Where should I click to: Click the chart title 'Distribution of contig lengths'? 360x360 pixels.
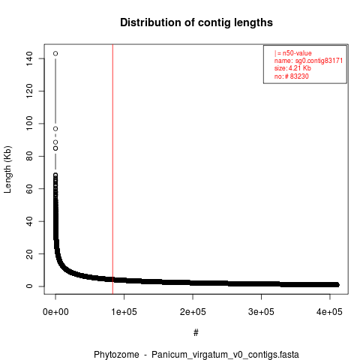(x=196, y=22)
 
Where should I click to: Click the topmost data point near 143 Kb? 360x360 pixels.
(x=55, y=53)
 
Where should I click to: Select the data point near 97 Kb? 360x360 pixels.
(x=55, y=129)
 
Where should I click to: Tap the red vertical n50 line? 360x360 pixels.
(x=112, y=169)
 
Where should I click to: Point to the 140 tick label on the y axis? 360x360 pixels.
(x=29, y=58)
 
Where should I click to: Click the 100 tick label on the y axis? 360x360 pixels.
(x=29, y=124)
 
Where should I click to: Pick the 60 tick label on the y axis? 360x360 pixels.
(x=29, y=189)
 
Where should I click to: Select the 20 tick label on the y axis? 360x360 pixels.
(x=29, y=253)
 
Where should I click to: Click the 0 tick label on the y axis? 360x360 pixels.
(x=29, y=286)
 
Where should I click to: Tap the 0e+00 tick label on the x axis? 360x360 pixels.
(x=55, y=312)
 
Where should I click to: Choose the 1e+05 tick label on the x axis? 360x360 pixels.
(x=124, y=312)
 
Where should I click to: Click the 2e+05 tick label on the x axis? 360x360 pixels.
(x=193, y=312)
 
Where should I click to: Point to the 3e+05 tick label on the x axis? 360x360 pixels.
(x=261, y=312)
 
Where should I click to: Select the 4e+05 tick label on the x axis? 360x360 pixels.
(x=330, y=312)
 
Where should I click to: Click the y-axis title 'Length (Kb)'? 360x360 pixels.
(x=7, y=169)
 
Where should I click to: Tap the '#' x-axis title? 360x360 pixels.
(x=196, y=333)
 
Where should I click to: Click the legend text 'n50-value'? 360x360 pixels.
(x=297, y=53)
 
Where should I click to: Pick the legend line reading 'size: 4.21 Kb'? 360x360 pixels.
(x=292, y=68)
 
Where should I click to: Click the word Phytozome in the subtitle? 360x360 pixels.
(x=116, y=355)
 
